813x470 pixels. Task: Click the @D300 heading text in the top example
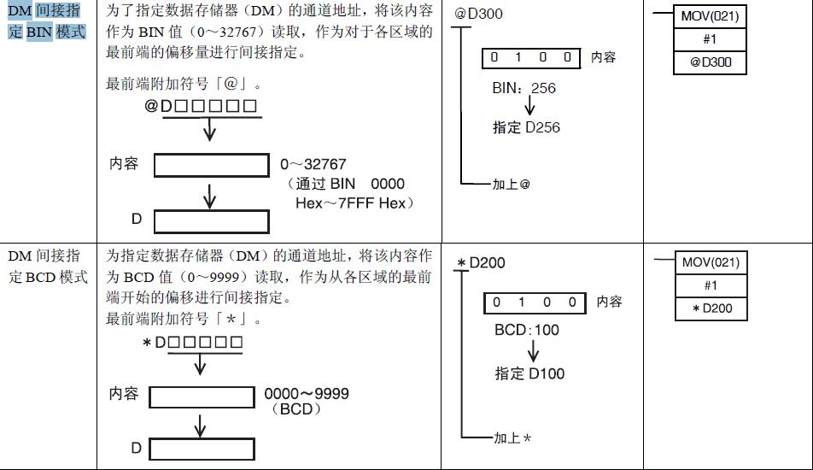478,15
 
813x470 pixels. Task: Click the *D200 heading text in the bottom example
481,262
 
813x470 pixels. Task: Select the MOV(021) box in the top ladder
710,16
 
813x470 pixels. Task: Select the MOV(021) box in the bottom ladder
711,262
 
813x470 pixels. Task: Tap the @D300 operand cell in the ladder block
711,62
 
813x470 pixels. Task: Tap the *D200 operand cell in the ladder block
711,308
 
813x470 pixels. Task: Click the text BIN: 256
523,88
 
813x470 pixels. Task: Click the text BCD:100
527,330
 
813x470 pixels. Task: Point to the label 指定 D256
526,128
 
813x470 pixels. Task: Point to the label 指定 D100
529,373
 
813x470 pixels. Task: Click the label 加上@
512,185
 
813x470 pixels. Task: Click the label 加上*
512,438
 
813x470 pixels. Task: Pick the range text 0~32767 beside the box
313,164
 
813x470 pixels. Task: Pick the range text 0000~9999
306,394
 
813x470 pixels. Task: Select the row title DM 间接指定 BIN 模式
47,23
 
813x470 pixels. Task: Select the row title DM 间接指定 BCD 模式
47,267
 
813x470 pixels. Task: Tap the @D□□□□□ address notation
201,107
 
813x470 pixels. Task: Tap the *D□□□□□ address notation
193,343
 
